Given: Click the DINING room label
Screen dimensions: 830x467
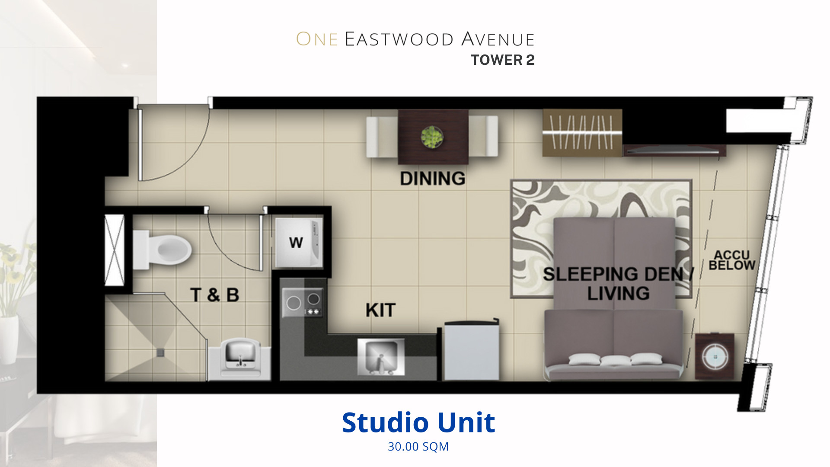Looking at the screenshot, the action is (x=432, y=179).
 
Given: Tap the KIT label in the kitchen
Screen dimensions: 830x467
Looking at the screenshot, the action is (x=380, y=310).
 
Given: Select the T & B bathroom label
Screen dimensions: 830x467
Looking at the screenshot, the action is (x=215, y=295).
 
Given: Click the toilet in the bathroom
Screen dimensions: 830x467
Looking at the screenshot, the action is (x=162, y=250).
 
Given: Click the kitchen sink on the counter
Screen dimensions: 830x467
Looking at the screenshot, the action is (x=381, y=356).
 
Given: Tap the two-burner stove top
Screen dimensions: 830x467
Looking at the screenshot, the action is (x=303, y=302).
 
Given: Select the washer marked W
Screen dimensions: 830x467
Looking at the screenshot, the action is (x=299, y=243).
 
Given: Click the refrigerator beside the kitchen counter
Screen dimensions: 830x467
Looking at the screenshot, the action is (x=472, y=350).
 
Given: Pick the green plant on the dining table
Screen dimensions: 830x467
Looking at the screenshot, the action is (x=432, y=138).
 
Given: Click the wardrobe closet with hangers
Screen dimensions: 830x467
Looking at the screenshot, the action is (x=582, y=133).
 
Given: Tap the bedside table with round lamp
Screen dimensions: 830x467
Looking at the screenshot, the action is (x=715, y=356).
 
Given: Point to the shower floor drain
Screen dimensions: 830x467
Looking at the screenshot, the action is (x=160, y=352).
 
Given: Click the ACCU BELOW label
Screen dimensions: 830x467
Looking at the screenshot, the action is (x=732, y=260).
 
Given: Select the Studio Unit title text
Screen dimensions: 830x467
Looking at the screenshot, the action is (x=418, y=422).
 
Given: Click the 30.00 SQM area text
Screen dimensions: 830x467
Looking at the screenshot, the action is (x=418, y=447).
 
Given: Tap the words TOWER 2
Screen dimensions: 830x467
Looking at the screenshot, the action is (x=503, y=60).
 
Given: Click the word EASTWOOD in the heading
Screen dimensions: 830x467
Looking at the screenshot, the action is (x=399, y=39).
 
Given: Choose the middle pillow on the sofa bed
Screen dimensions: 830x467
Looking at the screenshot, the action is (x=616, y=360).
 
